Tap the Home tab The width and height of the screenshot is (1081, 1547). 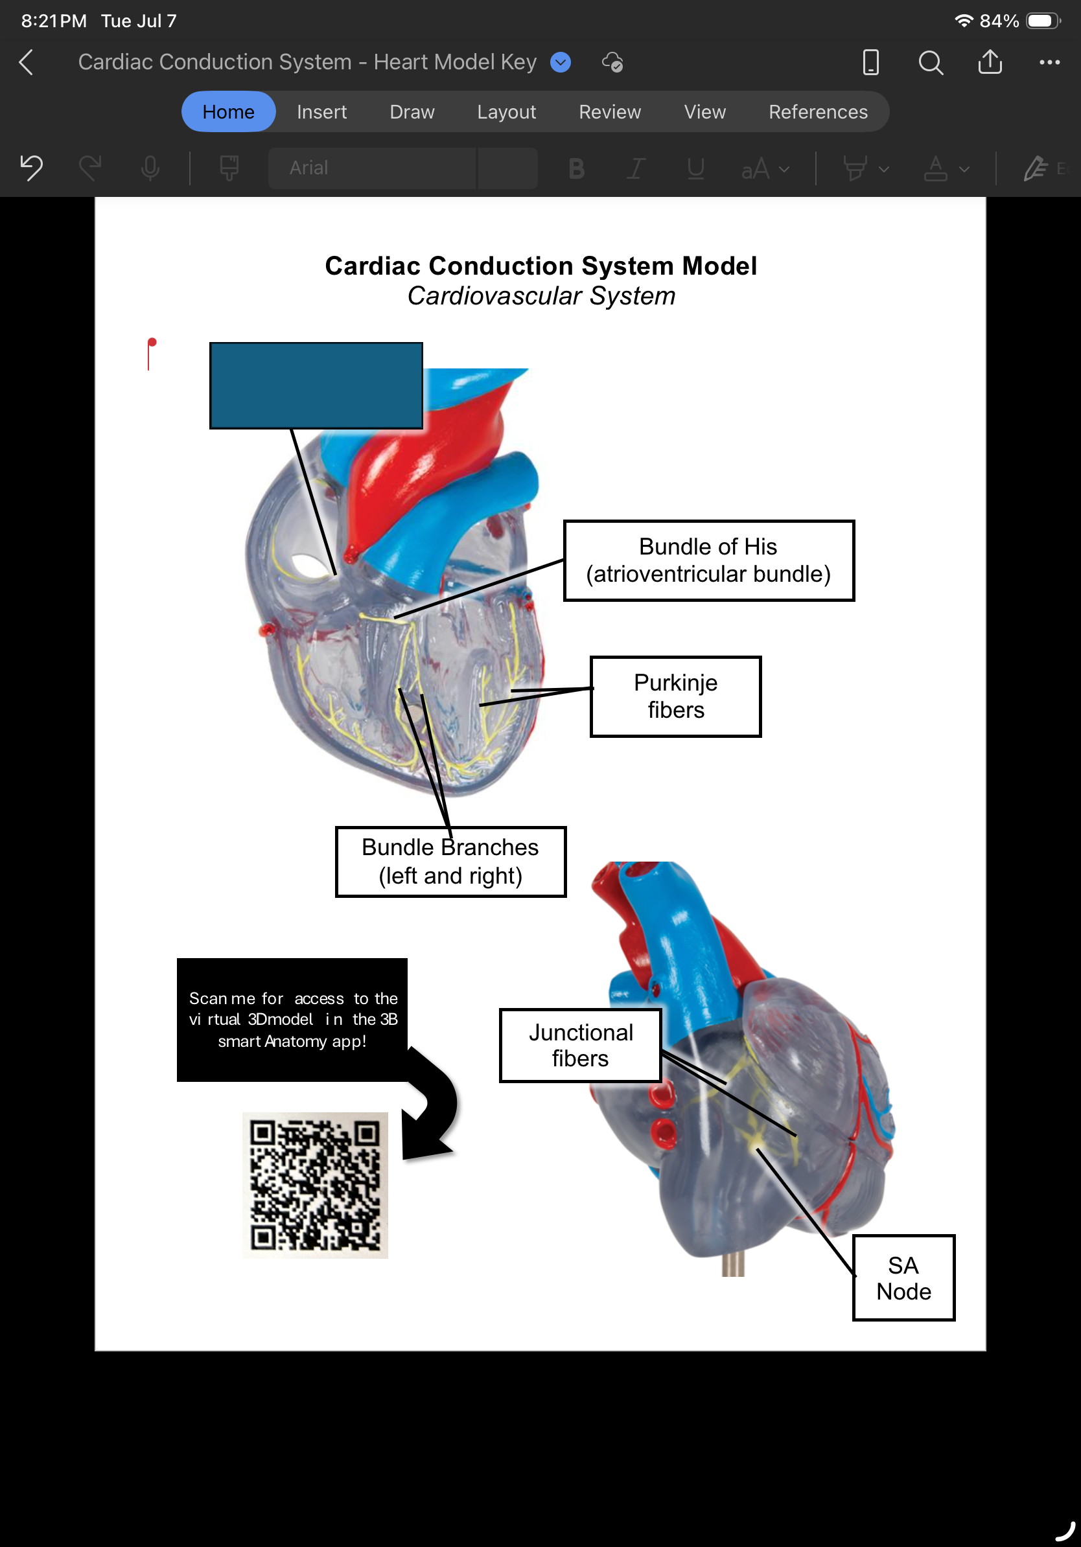coord(229,112)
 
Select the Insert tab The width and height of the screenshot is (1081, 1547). coord(321,112)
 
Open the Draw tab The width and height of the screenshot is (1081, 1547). coord(412,112)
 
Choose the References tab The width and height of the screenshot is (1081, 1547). coord(818,112)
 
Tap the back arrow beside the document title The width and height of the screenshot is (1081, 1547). coord(27,62)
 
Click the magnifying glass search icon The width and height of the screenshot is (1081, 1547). coord(931,63)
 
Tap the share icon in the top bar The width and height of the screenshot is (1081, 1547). coord(990,62)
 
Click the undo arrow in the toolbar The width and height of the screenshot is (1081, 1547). coord(32,168)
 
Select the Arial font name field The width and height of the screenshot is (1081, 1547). coord(372,168)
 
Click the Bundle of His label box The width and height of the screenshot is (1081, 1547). coord(709,560)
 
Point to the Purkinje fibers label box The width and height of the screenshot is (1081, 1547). coord(676,696)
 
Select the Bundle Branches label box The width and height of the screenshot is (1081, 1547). coord(451,862)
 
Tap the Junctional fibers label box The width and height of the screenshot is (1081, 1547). coord(580,1046)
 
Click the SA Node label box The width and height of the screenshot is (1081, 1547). coord(904,1278)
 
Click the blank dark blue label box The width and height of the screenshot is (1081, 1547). coord(316,385)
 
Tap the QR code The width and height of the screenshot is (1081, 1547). coord(316,1185)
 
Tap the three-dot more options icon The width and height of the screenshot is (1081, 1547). coord(1049,63)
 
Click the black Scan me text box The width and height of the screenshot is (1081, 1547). coord(292,1020)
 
